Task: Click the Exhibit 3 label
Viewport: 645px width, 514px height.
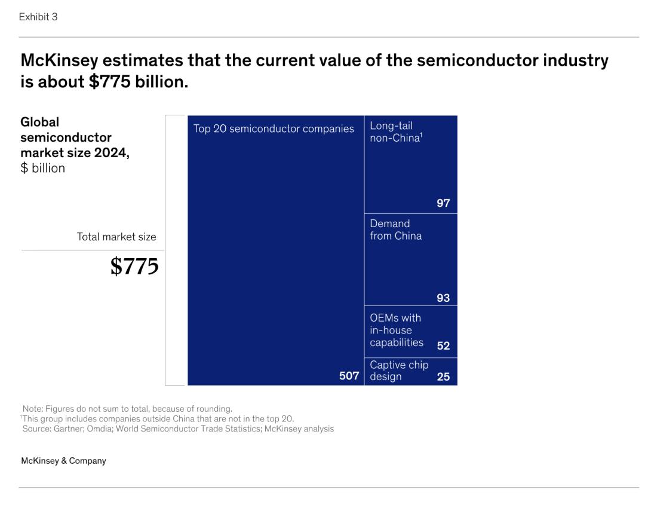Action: click(x=38, y=17)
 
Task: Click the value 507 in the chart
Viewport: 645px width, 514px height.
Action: click(x=349, y=376)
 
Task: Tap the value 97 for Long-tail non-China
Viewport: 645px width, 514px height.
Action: click(x=443, y=204)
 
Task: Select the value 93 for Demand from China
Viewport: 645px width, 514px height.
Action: click(x=443, y=298)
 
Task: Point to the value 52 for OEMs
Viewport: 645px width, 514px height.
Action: click(x=443, y=345)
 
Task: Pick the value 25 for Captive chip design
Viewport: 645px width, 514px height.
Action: click(x=443, y=377)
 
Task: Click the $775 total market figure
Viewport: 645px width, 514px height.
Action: click(x=134, y=267)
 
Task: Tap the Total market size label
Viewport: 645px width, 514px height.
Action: click(x=116, y=237)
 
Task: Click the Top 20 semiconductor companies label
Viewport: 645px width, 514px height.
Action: click(x=274, y=128)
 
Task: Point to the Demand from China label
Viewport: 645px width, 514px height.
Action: click(x=395, y=230)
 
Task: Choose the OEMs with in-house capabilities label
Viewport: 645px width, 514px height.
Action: click(x=396, y=330)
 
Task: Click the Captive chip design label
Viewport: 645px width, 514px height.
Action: click(x=399, y=371)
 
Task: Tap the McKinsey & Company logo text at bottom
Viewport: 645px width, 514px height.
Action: click(x=63, y=461)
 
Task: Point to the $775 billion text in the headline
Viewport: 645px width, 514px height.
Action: click(x=138, y=81)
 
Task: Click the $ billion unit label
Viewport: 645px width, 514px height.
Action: click(x=42, y=168)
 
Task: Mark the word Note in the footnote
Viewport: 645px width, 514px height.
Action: click(x=33, y=409)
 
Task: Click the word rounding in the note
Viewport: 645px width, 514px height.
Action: click(x=213, y=409)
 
